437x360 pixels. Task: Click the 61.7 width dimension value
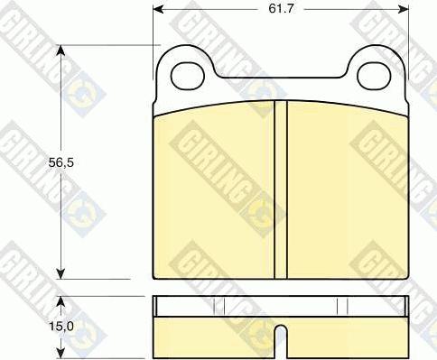point(281,8)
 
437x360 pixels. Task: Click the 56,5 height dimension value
point(61,162)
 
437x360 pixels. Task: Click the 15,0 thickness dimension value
point(61,327)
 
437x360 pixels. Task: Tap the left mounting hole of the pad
point(188,76)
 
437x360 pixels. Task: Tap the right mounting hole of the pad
point(374,76)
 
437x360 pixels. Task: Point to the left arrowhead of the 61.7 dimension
point(158,9)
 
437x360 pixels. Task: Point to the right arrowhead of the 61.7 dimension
point(404,9)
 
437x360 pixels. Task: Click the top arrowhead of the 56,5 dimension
point(61,51)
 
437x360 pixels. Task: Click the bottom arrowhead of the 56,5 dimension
point(61,273)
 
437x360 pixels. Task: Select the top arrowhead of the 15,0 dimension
point(61,301)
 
